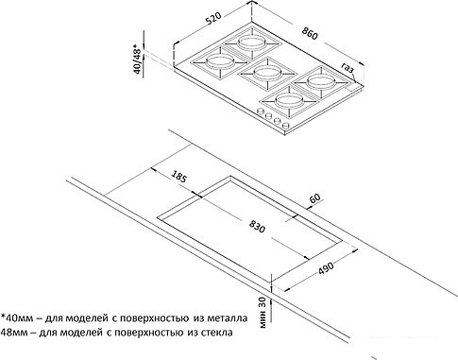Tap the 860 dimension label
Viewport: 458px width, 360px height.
(310, 33)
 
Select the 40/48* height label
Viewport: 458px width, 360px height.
(137, 60)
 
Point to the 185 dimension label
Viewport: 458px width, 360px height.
(179, 177)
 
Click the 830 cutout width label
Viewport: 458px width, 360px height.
(257, 226)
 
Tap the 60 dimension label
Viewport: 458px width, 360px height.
(314, 197)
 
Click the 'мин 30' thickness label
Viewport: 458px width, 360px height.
(263, 313)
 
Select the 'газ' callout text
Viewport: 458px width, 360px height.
(348, 67)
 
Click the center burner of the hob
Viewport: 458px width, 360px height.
(266, 73)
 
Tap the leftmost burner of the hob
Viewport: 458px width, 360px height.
(220, 61)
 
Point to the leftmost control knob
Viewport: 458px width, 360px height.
(261, 111)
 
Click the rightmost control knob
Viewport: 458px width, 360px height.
(286, 125)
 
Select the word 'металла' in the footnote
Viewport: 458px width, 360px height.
(228, 318)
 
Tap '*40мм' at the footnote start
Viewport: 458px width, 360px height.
(17, 318)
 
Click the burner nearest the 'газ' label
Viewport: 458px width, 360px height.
(320, 82)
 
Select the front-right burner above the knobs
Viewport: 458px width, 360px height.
(289, 100)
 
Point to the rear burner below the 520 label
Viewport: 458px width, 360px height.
(251, 42)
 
